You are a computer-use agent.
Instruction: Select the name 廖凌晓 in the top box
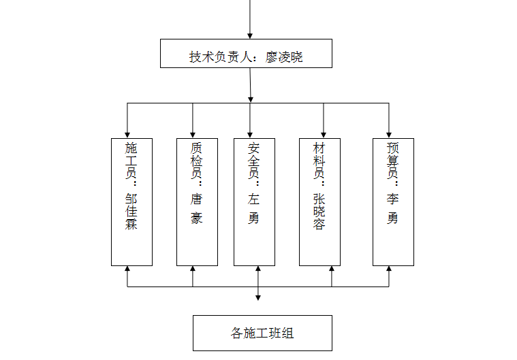[284, 57]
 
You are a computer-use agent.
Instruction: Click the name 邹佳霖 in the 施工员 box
[131, 212]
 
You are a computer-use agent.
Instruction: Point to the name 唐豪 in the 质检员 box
[196, 208]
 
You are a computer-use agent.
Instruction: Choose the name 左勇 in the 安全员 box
[253, 208]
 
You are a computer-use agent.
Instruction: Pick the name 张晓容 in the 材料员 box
[319, 212]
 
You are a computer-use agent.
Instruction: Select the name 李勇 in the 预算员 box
[393, 208]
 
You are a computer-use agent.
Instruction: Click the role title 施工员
[131, 161]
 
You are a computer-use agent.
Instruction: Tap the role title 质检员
[196, 161]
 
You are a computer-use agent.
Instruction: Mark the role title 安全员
[253, 161]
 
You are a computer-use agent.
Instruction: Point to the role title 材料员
[319, 161]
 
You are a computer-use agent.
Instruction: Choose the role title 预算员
[393, 161]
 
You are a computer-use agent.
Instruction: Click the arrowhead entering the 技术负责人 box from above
[250, 36]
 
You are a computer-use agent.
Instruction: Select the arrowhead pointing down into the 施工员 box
[127, 135]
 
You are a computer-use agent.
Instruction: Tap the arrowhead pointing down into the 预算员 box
[389, 135]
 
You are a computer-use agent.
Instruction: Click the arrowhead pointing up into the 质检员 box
[193, 269]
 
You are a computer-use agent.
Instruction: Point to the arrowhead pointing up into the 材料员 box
[332, 269]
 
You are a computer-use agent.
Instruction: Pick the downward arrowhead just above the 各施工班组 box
[258, 298]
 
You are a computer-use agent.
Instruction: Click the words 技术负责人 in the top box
[221, 57]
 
